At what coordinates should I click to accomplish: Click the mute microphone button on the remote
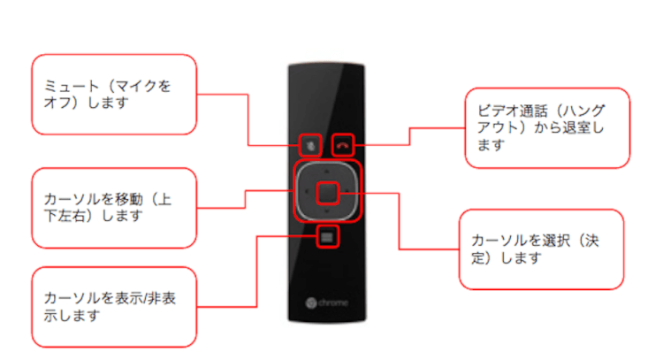309,143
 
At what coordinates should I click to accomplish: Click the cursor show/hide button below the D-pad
327,236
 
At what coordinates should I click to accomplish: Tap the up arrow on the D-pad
327,166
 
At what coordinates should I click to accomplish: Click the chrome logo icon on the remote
310,303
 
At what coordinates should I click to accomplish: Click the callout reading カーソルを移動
113,207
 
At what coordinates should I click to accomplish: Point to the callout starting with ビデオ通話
547,127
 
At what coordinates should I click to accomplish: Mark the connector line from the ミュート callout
248,124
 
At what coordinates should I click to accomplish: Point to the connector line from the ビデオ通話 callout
408,134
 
